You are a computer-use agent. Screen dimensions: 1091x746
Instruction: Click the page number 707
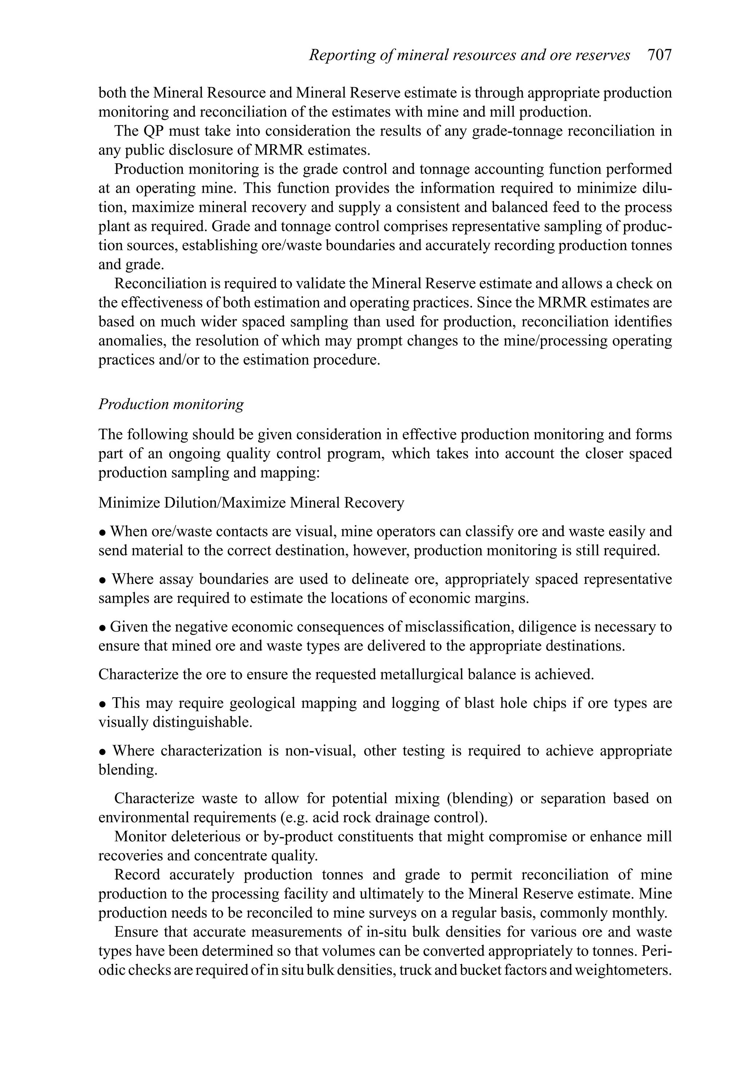pyautogui.click(x=659, y=55)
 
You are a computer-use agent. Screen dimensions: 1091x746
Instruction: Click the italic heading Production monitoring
pyautogui.click(x=171, y=404)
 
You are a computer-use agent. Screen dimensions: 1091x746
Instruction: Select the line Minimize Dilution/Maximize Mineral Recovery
pyautogui.click(x=251, y=503)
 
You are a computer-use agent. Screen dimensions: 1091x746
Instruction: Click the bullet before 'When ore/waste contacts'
pyautogui.click(x=102, y=533)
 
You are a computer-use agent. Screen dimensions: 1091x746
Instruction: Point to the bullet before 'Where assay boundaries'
pyautogui.click(x=102, y=580)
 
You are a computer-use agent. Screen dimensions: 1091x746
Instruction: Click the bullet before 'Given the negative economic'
pyautogui.click(x=102, y=628)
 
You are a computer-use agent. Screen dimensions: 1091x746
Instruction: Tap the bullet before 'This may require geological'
pyautogui.click(x=102, y=704)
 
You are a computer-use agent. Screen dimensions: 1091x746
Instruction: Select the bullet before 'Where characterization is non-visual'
pyautogui.click(x=102, y=752)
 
